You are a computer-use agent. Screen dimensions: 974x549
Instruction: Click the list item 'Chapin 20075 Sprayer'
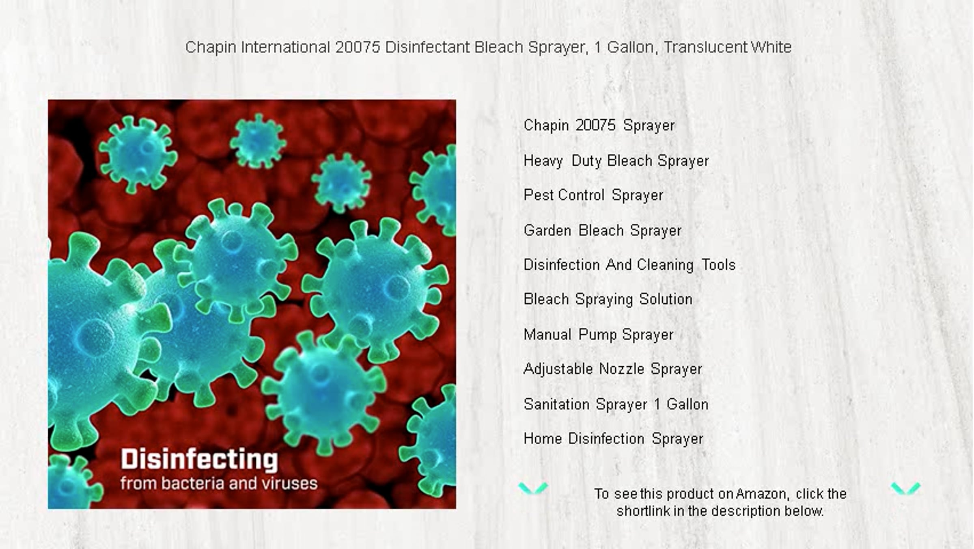coord(599,125)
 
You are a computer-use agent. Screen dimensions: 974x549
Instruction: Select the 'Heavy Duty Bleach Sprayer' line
coord(616,161)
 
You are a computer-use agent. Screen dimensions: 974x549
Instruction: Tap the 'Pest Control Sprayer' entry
coord(593,195)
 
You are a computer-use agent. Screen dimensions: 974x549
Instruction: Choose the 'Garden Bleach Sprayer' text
coord(602,231)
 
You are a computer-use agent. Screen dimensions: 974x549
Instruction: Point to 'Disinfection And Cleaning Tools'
coord(629,265)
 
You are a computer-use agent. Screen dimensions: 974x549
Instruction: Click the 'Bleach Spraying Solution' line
coord(608,300)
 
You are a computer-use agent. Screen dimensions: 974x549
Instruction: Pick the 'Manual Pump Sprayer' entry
coord(599,335)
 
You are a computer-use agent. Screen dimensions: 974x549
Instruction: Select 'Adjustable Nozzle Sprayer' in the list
coord(613,369)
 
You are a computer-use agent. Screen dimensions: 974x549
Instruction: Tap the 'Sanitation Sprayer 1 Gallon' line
coord(616,404)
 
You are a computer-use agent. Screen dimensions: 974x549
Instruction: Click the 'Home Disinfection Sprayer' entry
coord(613,439)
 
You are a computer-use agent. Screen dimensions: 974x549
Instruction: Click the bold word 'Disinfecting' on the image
coord(199,459)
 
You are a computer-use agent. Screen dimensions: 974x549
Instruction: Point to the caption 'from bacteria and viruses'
coord(219,484)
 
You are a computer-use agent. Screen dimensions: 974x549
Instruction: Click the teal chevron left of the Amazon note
coord(533,488)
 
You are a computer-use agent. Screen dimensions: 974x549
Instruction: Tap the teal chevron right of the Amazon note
coord(905,488)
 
